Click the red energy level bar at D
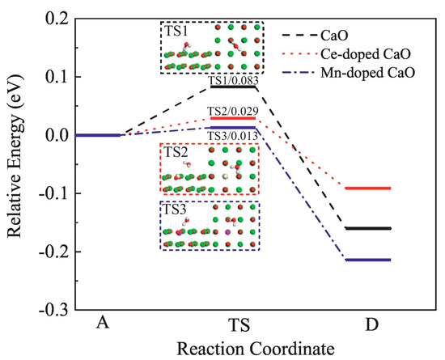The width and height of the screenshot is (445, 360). click(368, 188)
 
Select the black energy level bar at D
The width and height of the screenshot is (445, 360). click(368, 228)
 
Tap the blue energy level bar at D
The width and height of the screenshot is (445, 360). click(368, 260)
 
